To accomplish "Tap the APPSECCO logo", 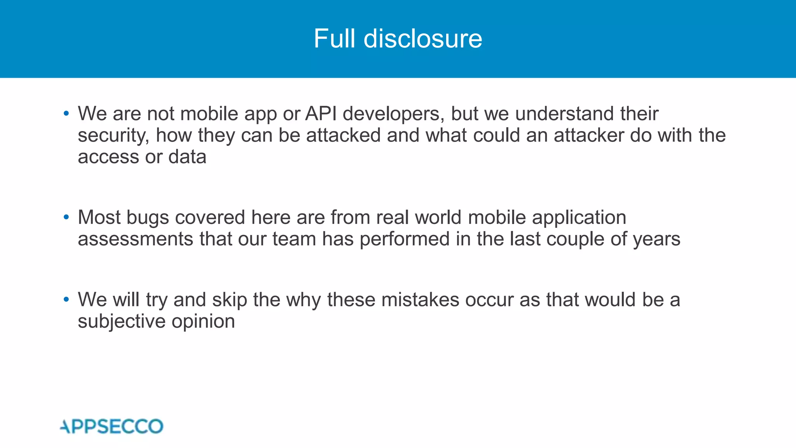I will coord(112,427).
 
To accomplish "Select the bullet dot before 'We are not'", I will coord(66,114).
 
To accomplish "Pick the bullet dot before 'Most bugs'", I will coord(66,217).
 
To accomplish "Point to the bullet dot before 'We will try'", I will coord(66,299).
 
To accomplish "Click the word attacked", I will coord(343,135).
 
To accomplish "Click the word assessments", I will coord(135,239).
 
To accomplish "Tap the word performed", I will coord(405,239).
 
